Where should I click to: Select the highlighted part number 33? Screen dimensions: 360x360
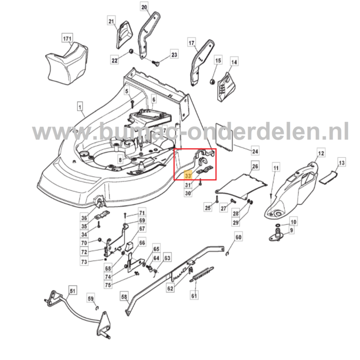click(x=187, y=175)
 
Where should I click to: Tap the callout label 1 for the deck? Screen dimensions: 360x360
click(x=80, y=107)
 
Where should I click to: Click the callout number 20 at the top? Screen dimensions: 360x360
click(x=144, y=7)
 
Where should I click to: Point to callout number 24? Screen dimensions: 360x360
click(x=255, y=151)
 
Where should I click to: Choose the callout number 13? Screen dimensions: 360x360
click(x=340, y=163)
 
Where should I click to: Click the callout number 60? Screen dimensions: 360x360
click(x=238, y=238)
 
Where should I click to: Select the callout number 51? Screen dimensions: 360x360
click(x=73, y=292)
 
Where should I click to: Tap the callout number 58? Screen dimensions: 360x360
click(x=124, y=297)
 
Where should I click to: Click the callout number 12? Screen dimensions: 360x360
click(x=320, y=153)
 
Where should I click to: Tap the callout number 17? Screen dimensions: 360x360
click(x=192, y=43)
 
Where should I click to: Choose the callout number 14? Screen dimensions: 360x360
click(x=234, y=63)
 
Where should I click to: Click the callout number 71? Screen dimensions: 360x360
click(x=142, y=212)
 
